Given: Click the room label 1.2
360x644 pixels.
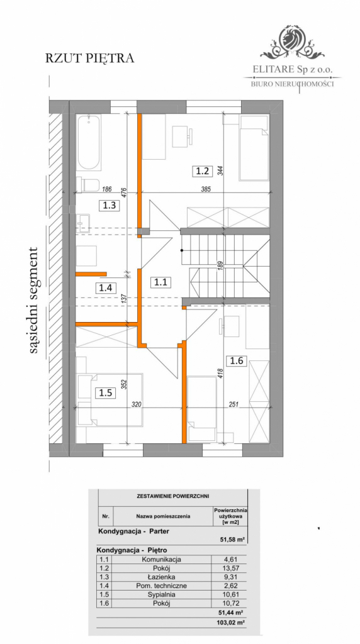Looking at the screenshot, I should tap(201, 170).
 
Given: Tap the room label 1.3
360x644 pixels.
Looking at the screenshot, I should tap(110, 204).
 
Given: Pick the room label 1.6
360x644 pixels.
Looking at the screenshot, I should tap(237, 360).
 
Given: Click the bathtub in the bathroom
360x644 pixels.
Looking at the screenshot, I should tap(89, 143).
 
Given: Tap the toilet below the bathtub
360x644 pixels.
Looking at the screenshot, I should tap(87, 184).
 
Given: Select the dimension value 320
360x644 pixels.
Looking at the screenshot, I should tap(153, 406).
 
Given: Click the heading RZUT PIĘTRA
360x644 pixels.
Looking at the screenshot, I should tap(90, 58).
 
